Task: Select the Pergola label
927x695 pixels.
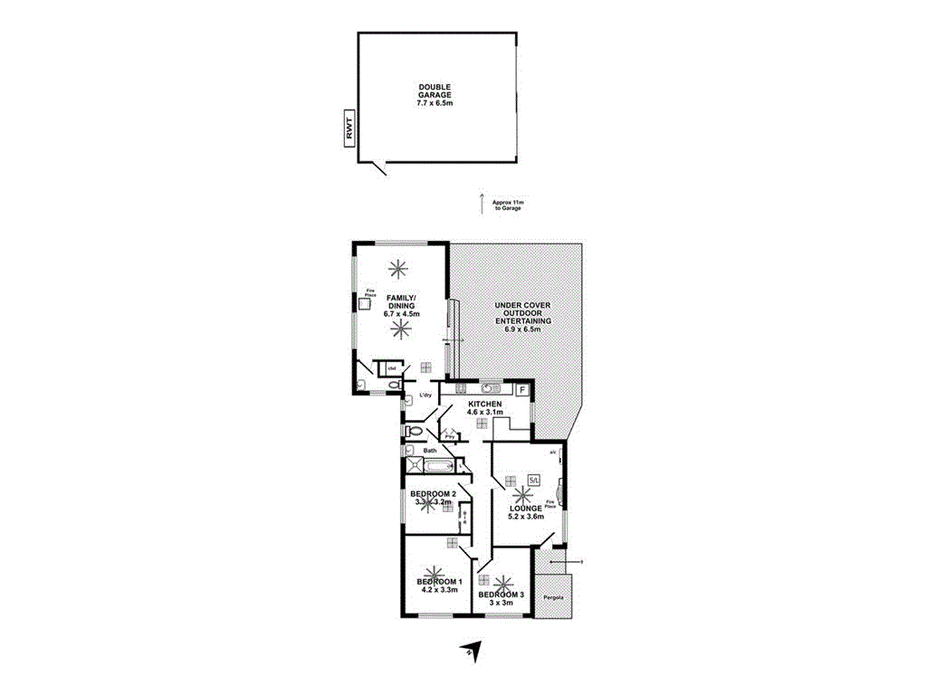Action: tap(553, 598)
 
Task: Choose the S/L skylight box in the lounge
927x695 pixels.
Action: tap(534, 479)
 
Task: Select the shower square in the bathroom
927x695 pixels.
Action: tap(415, 466)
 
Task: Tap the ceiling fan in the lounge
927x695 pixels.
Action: tap(521, 496)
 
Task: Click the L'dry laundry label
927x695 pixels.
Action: tap(424, 395)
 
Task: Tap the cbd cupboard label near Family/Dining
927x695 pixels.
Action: tap(392, 368)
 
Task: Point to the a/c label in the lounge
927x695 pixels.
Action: tap(553, 452)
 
